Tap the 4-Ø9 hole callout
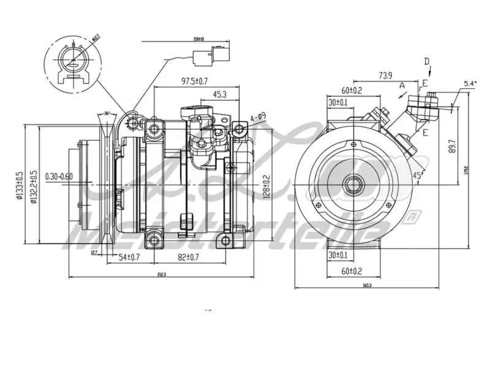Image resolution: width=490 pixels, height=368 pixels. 257,116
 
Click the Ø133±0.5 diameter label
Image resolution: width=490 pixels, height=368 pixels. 20,185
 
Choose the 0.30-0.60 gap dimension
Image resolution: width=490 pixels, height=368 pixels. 59,177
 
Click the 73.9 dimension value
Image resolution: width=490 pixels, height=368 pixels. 384,75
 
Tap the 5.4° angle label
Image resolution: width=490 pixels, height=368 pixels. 470,83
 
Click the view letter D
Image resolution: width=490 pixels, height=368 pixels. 427,61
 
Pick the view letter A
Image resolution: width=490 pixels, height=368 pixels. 402,86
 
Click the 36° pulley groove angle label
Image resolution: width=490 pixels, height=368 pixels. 107,113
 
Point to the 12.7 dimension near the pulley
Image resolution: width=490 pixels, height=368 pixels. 94,252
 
